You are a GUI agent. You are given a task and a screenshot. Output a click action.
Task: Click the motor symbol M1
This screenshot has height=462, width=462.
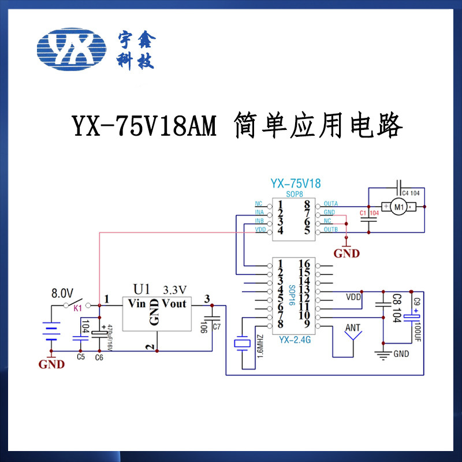397,207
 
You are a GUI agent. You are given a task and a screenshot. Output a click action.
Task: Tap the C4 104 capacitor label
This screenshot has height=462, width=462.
411,193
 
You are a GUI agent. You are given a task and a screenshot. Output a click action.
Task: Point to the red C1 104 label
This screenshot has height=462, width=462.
368,214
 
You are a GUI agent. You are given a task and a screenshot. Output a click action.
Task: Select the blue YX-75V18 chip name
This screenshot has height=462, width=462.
295,184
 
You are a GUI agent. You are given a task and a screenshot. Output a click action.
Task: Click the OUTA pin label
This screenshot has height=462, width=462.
331,204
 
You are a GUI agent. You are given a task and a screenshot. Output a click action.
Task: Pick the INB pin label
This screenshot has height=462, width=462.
259,221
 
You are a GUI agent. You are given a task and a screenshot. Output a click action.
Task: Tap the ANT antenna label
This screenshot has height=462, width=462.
352,328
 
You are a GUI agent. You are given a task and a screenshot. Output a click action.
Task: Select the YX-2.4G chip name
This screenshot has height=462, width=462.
295,340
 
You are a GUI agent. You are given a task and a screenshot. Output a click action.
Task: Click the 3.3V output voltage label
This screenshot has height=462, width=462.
176,289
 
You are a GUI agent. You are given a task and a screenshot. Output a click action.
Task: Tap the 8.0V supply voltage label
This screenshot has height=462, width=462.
63,292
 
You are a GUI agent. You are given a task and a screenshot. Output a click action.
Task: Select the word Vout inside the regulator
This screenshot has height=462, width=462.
174,303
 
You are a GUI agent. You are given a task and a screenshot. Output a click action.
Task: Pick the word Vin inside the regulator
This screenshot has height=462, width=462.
137,303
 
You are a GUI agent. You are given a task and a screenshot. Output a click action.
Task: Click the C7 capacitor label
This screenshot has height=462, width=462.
217,327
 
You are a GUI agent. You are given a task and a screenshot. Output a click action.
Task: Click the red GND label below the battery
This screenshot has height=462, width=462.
51,364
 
